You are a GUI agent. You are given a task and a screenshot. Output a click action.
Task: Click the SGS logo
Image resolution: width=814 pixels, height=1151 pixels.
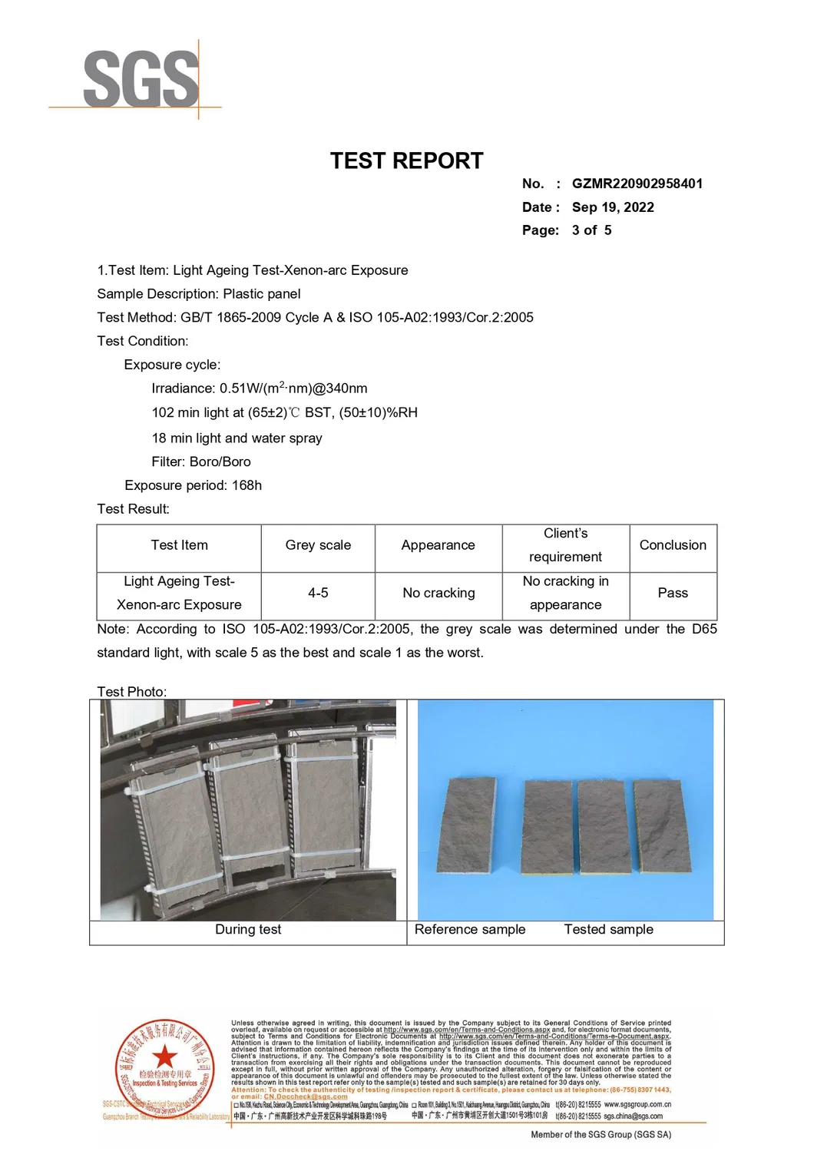[141, 79]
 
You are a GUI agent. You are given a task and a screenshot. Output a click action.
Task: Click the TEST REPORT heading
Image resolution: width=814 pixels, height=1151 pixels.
[406, 160]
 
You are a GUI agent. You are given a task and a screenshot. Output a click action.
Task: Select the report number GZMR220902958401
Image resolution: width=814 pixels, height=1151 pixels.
[637, 184]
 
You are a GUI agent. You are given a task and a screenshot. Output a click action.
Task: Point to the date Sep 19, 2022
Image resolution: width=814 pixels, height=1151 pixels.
[613, 207]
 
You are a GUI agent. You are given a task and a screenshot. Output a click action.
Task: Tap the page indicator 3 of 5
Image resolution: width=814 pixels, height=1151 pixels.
[591, 230]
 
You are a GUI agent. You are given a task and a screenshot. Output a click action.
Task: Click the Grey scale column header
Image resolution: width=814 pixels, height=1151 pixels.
[318, 545]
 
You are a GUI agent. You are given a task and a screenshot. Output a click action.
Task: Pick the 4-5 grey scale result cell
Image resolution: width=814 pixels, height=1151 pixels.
[318, 593]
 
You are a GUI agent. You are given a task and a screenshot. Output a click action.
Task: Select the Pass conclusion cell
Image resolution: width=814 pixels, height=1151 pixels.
[673, 593]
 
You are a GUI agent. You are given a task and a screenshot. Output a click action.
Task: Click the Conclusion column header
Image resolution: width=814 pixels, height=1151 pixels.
[673, 545]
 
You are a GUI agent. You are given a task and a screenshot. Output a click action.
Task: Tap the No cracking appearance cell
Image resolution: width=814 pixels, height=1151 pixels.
[438, 593]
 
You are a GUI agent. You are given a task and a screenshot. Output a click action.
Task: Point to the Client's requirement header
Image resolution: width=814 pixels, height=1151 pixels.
[565, 545]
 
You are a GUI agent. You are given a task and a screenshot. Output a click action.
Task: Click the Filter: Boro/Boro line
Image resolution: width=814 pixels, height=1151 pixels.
[201, 461]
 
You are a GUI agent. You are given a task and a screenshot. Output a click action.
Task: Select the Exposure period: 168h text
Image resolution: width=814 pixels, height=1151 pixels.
[193, 485]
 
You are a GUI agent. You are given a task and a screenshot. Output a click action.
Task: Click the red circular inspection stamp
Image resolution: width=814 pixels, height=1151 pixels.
[164, 1068]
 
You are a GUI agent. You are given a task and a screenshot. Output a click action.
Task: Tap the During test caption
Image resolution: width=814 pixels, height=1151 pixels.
[248, 929]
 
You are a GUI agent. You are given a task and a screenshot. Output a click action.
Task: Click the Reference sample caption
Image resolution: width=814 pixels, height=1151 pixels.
[470, 929]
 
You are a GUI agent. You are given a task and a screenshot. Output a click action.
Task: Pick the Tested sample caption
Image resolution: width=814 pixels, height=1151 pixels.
[608, 929]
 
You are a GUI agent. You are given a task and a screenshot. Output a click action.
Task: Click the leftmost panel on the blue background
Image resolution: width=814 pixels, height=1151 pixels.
[465, 826]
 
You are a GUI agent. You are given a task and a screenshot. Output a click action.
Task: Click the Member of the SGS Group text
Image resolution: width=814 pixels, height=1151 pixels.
[601, 1134]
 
